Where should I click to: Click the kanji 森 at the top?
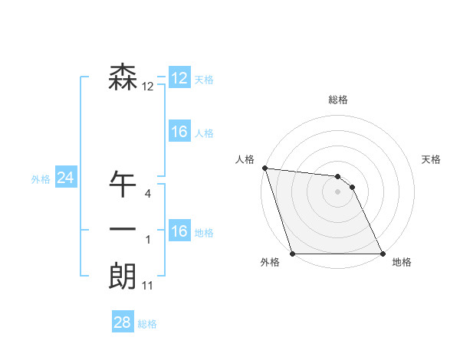pyautogui.click(x=123, y=77)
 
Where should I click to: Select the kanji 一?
pyautogui.click(x=123, y=230)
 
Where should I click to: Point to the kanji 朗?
pyautogui.click(x=123, y=277)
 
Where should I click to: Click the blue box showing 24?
pyautogui.click(x=65, y=178)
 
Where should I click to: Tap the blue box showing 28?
pyautogui.click(x=123, y=322)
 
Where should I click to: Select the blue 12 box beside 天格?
pyautogui.click(x=179, y=77)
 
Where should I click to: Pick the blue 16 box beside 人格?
pyautogui.click(x=179, y=132)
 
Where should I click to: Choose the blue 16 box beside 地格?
pyautogui.click(x=179, y=231)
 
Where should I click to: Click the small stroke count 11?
pyautogui.click(x=148, y=286)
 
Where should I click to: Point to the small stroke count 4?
pyautogui.click(x=148, y=194)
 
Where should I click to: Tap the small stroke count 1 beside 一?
pyautogui.click(x=148, y=240)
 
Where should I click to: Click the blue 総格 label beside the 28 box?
pyautogui.click(x=147, y=324)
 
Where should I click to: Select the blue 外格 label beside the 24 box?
pyautogui.click(x=41, y=179)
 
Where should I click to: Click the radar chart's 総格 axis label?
pyautogui.click(x=338, y=100)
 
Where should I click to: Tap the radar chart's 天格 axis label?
pyautogui.click(x=432, y=159)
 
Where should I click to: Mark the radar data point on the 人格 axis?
pyautogui.click(x=264, y=168)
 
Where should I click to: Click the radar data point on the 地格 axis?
pyautogui.click(x=383, y=254)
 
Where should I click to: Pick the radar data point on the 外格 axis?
pyautogui.click(x=293, y=254)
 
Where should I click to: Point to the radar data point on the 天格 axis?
pyautogui.click(x=352, y=187)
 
